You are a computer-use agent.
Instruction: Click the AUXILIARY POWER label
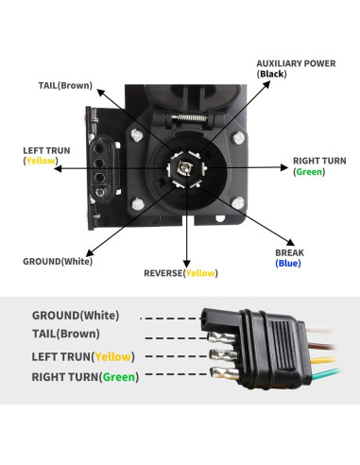coord(296,63)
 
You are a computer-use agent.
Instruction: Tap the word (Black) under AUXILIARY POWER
coord(272,74)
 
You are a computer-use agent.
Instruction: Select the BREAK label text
coord(289,253)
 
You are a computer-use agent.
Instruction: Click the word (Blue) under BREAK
coord(289,265)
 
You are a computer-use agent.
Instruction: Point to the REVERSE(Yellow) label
coord(180,273)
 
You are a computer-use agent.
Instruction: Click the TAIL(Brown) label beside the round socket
coord(65,85)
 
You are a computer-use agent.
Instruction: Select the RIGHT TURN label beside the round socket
coord(319,161)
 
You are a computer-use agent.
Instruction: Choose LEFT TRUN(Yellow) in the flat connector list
coord(83,356)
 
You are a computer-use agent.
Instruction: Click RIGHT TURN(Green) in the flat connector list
coord(84,377)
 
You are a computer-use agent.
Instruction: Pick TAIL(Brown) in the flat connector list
coord(65,334)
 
